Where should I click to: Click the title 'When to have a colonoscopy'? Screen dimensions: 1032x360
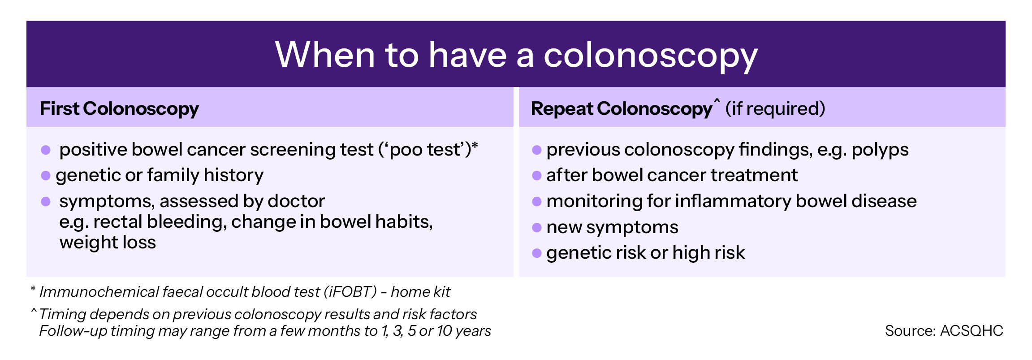pos(516,55)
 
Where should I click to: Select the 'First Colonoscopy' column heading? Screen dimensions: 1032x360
pos(119,108)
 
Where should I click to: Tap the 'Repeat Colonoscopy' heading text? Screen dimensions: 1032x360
pos(621,108)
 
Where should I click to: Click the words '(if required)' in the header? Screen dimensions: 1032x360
pos(775,108)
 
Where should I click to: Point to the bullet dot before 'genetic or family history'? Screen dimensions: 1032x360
pos(46,175)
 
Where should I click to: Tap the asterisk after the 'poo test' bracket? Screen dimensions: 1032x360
pos(475,146)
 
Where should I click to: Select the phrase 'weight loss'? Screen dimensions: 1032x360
pos(108,242)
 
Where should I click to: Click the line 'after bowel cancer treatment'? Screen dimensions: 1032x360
pos(672,175)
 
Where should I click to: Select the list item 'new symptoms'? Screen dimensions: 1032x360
pos(613,227)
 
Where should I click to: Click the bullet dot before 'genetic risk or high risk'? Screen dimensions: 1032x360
pos(537,254)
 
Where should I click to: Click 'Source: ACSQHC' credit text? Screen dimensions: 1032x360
pos(944,331)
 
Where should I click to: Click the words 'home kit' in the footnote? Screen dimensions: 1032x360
pos(420,292)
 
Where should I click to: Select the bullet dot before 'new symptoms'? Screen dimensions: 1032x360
pos(537,228)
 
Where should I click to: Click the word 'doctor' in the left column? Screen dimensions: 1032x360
pos(296,201)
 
